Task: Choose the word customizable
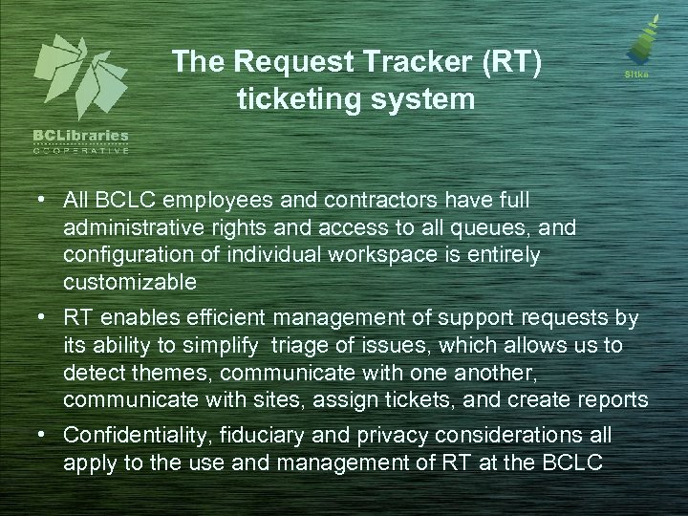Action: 131,284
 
